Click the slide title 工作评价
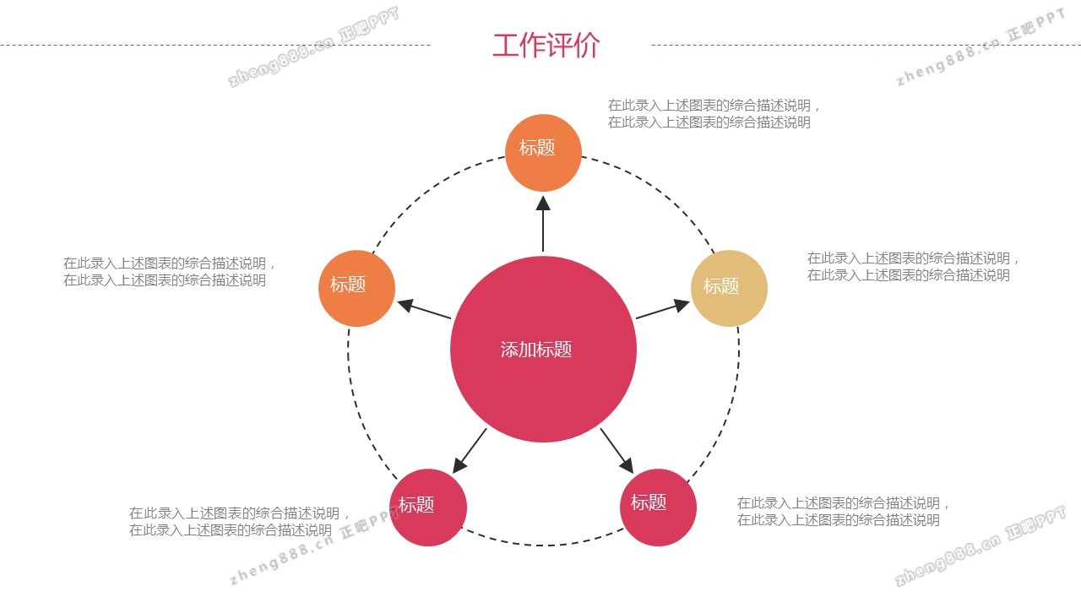(x=546, y=46)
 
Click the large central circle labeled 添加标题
(x=543, y=349)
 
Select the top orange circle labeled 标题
(x=543, y=152)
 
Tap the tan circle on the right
(x=729, y=288)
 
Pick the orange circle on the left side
(x=356, y=288)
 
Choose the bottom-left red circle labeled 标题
(x=428, y=508)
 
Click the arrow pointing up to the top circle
(x=543, y=224)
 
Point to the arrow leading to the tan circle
(x=662, y=310)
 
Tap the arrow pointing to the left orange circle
(x=424, y=310)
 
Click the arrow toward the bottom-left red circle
(x=470, y=450)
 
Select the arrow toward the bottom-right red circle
(x=617, y=450)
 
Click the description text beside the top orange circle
(x=714, y=114)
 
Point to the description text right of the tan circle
(x=913, y=267)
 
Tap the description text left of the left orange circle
(x=169, y=272)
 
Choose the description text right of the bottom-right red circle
(x=843, y=512)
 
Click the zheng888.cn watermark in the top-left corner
(x=312, y=48)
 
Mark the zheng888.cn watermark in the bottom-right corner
(x=980, y=548)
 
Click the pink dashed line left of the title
(x=215, y=45)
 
